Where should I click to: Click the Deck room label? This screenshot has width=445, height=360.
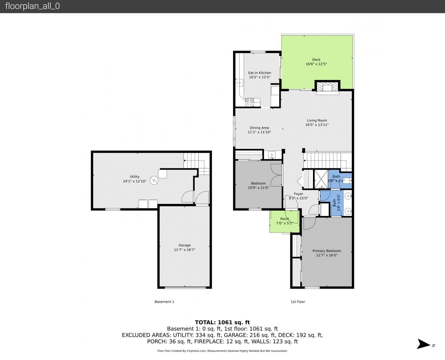click(316, 60)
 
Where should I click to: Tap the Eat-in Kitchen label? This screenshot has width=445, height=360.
click(259, 73)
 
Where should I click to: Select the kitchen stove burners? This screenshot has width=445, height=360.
click(249, 102)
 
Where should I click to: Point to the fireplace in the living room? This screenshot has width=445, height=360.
click(327, 87)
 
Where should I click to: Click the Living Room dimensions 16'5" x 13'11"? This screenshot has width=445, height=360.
click(317, 125)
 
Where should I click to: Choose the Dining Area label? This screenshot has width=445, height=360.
click(259, 128)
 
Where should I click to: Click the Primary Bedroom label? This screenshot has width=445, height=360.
click(327, 251)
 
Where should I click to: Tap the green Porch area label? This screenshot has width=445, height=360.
click(285, 219)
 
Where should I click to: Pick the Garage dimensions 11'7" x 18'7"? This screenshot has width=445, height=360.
click(184, 250)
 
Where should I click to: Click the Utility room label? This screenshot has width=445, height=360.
click(135, 177)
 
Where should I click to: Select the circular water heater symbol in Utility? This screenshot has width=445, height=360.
click(154, 180)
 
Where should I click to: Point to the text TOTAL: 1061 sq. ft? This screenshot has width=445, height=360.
click(222, 322)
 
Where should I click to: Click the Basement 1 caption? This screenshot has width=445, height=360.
click(164, 302)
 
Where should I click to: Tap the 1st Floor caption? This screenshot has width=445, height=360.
click(298, 302)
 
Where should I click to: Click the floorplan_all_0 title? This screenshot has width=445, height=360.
click(32, 6)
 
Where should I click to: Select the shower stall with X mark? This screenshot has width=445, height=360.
click(321, 179)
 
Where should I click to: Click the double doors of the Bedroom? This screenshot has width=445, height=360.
click(276, 175)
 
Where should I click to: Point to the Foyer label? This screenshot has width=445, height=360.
click(298, 194)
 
